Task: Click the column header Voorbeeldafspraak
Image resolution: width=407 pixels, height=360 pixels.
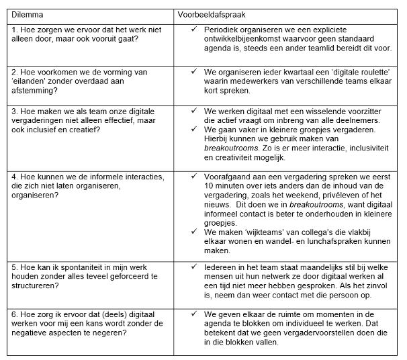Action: (210, 14)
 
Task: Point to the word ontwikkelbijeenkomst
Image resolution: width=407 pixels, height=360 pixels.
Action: (242, 40)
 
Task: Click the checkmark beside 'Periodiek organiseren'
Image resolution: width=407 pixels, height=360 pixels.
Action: (194, 31)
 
